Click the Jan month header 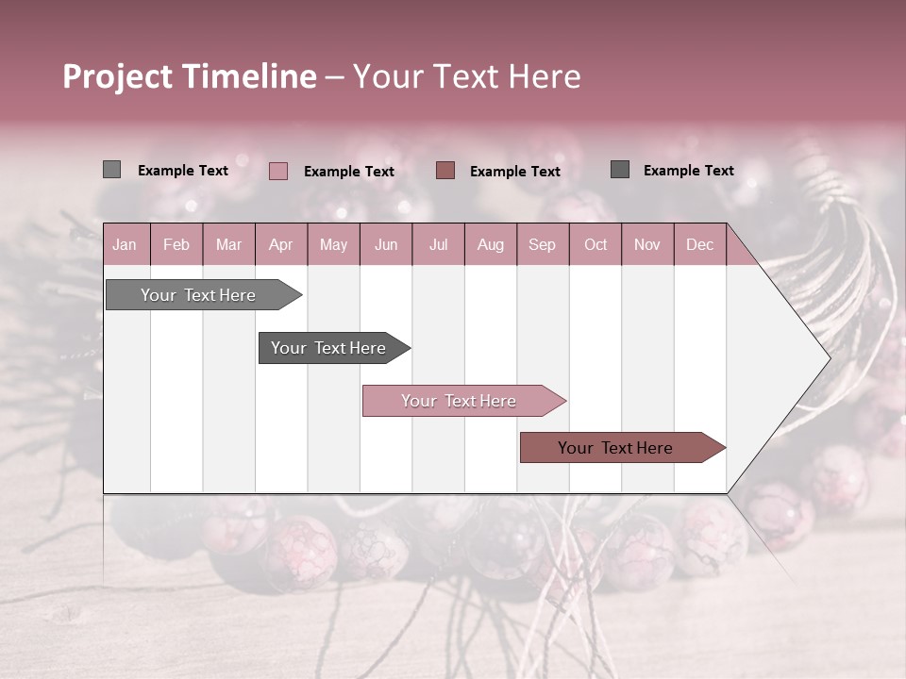pyautogui.click(x=125, y=245)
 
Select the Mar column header pyautogui.click(x=228, y=245)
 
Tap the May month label pyautogui.click(x=333, y=245)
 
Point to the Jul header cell pyautogui.click(x=438, y=245)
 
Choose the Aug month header pyautogui.click(x=490, y=245)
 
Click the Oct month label pyautogui.click(x=596, y=245)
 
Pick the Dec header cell pyautogui.click(x=699, y=245)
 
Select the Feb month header pyautogui.click(x=176, y=245)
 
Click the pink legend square pyautogui.click(x=278, y=171)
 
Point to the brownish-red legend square pyautogui.click(x=445, y=170)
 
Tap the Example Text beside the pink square pyautogui.click(x=348, y=172)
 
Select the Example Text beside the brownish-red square pyautogui.click(x=514, y=172)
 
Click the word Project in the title pyautogui.click(x=118, y=76)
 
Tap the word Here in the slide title pyautogui.click(x=545, y=76)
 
